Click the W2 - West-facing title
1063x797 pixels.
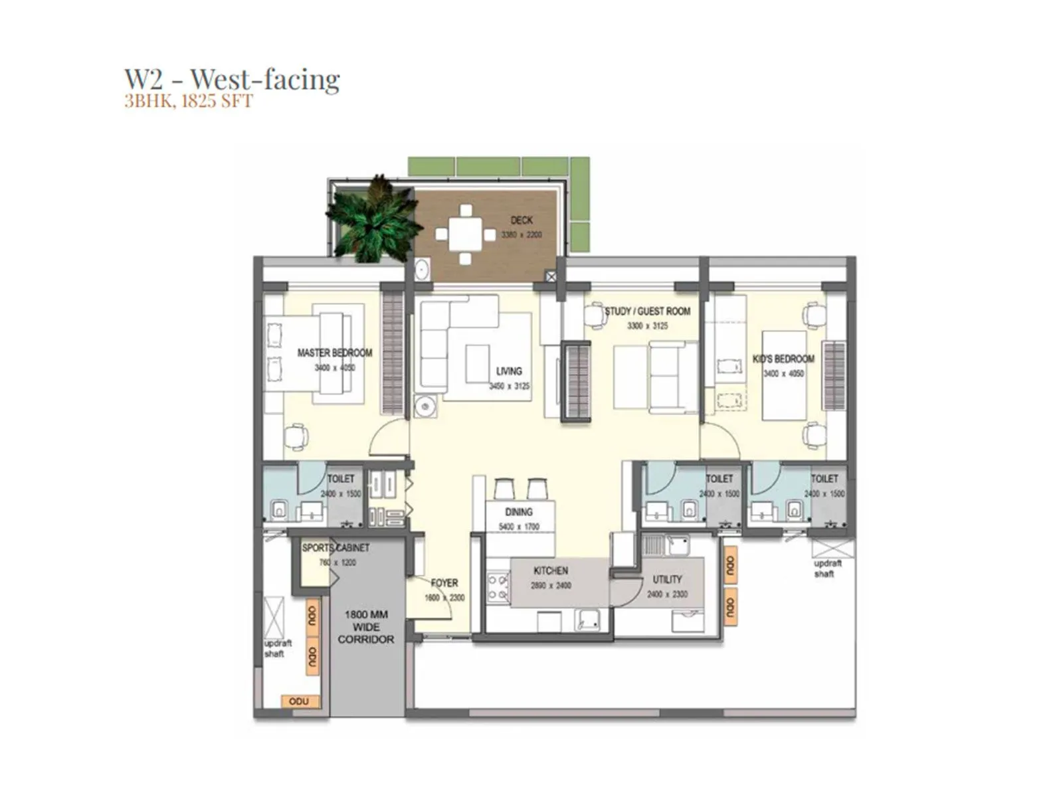tap(232, 79)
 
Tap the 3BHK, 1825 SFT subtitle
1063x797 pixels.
tap(188, 102)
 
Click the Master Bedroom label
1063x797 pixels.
tap(334, 353)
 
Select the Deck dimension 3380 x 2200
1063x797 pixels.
tap(522, 235)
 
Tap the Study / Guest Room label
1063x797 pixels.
tap(647, 311)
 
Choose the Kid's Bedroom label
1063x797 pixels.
tap(783, 359)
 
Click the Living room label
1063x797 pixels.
tap(509, 371)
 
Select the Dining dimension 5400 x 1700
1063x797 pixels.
tap(519, 527)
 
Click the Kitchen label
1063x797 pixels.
tap(551, 571)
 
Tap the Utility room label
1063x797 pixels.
tap(667, 579)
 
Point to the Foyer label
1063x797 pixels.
tap(444, 583)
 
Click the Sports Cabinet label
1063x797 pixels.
tap(336, 548)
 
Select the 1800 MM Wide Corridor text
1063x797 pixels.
tap(365, 627)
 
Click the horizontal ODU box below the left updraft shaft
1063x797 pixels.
tap(304, 701)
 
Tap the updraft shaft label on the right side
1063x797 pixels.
tap(827, 569)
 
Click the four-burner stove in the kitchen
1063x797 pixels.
tap(498, 587)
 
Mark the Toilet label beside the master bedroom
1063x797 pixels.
tap(341, 478)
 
